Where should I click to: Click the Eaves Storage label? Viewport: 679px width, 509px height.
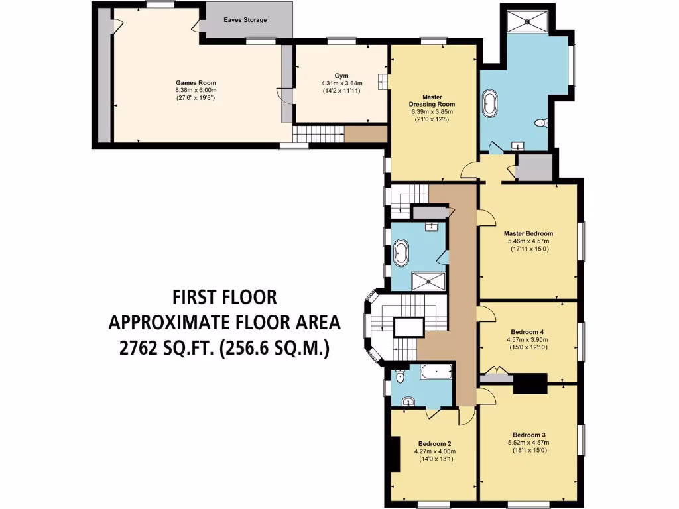click(246, 20)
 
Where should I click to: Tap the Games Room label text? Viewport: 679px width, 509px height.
click(196, 83)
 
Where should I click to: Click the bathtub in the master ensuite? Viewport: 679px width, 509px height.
click(490, 105)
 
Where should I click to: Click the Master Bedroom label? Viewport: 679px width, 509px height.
click(528, 233)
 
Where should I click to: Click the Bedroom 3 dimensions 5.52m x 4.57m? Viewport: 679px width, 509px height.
click(528, 443)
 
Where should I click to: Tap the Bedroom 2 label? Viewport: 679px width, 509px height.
click(435, 444)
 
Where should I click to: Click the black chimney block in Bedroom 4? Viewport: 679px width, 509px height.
click(532, 382)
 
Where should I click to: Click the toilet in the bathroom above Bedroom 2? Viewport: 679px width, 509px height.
click(399, 377)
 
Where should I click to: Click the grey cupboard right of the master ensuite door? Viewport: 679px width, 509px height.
click(534, 168)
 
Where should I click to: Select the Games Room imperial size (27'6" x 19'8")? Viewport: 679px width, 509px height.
click(196, 98)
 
